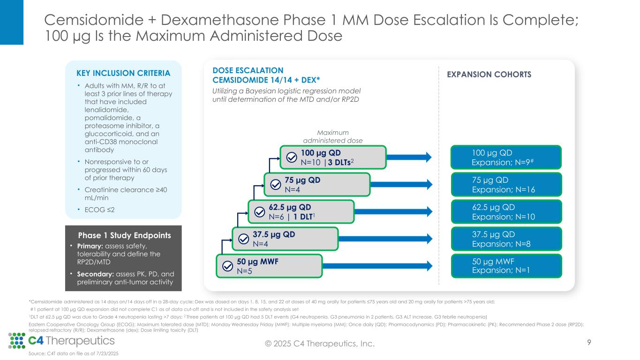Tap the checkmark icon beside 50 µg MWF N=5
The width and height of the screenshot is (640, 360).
click(227, 266)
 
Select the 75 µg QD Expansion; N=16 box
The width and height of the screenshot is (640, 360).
click(506, 184)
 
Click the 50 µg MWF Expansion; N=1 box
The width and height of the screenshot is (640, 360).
click(506, 266)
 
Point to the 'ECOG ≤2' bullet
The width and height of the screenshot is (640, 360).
click(95, 210)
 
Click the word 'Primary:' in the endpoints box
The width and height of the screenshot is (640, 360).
click(93, 247)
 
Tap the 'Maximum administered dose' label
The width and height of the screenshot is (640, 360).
click(332, 136)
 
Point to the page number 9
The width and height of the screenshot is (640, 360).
click(589, 343)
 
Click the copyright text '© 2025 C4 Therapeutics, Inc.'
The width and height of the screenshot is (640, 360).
click(320, 344)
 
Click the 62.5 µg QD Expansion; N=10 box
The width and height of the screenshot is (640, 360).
click(506, 211)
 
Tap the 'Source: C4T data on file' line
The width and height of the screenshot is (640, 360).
click(74, 354)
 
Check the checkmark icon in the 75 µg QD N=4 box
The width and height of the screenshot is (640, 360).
click(274, 184)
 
